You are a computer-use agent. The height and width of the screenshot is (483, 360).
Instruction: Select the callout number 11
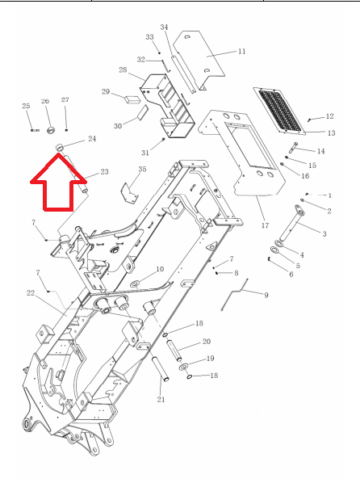(x=242, y=51)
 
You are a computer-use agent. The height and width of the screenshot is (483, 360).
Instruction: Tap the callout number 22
(x=31, y=292)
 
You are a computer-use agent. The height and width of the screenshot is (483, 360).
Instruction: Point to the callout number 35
(x=142, y=169)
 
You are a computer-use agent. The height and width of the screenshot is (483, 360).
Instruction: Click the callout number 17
(x=265, y=225)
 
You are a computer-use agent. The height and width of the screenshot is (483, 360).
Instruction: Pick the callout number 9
(x=266, y=295)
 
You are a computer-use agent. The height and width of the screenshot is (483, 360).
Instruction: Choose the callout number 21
(x=161, y=399)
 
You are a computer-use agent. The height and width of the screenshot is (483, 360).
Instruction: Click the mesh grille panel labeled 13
(x=279, y=111)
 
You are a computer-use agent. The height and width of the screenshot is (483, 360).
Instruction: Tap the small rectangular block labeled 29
(x=132, y=99)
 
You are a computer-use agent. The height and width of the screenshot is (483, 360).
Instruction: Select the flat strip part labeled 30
(x=142, y=113)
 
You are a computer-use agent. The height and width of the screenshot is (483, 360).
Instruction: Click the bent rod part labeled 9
(x=234, y=294)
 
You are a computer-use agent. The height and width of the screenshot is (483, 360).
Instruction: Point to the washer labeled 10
(x=135, y=283)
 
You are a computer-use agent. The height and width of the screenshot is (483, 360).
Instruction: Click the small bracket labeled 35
(x=130, y=193)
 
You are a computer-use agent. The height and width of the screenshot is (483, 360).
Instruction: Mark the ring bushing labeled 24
(x=60, y=147)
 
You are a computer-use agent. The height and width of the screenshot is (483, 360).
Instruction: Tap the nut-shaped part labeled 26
(x=51, y=130)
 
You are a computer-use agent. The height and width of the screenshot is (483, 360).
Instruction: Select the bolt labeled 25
(x=35, y=130)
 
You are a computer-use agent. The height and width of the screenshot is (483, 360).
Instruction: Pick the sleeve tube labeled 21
(x=161, y=369)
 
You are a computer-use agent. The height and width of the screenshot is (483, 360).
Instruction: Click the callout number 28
(x=123, y=69)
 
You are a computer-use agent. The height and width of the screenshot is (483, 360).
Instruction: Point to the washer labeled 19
(x=184, y=367)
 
